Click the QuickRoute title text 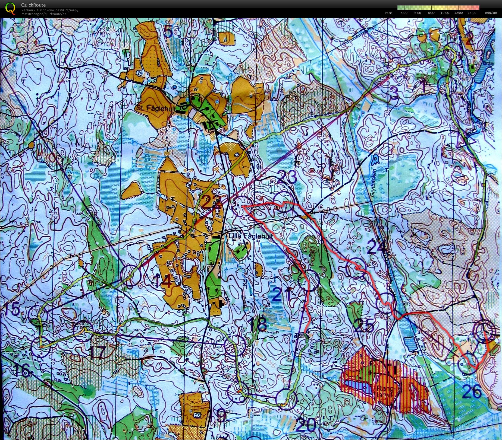33,5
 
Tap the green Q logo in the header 10,8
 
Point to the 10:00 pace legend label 445,13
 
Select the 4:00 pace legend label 404,13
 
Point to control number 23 287,178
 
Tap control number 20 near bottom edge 306,425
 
